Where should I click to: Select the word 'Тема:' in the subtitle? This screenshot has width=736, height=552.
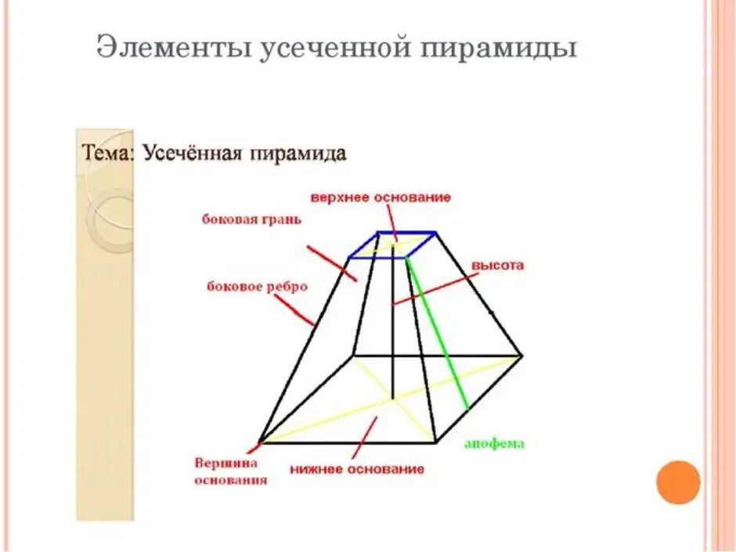tap(109, 153)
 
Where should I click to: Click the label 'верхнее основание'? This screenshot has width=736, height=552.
tap(381, 197)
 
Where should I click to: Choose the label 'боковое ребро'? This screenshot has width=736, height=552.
tap(257, 286)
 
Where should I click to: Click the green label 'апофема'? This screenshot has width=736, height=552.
tap(494, 444)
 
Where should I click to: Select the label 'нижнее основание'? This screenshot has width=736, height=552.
tap(357, 469)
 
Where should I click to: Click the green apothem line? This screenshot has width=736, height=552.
tap(438, 337)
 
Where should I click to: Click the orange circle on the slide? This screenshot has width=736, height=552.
tap(678, 482)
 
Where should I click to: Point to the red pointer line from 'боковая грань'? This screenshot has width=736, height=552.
tap(331, 263)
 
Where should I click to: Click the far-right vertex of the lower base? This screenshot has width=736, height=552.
tap(521, 355)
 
